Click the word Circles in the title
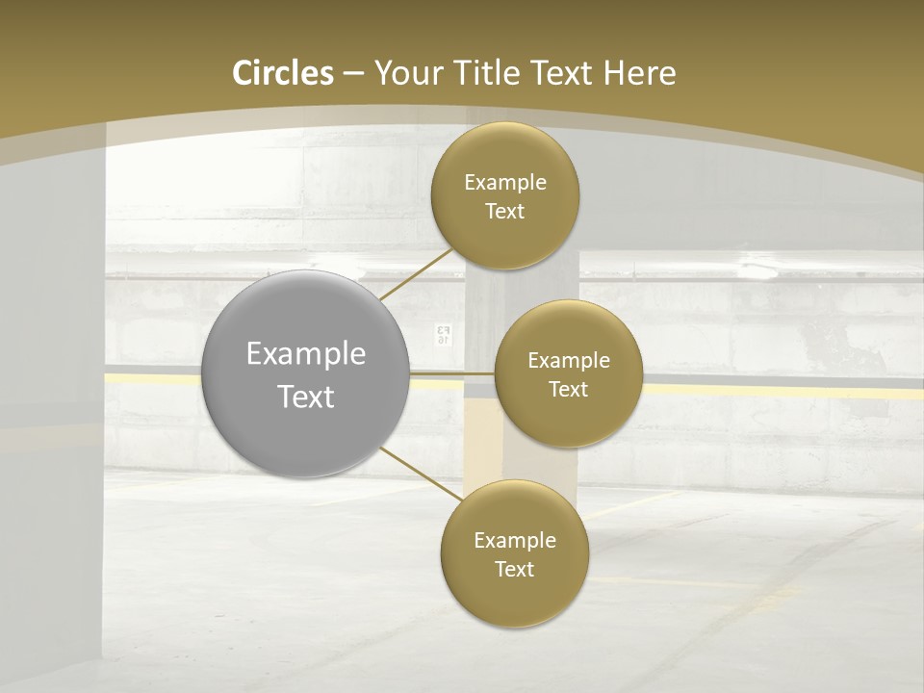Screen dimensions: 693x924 tap(283, 73)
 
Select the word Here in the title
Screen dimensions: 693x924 tap(639, 73)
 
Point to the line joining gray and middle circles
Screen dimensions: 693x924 tap(452, 372)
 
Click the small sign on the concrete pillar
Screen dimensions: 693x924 tap(444, 334)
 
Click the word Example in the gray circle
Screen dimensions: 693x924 tap(306, 354)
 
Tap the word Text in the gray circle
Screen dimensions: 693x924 tap(306, 397)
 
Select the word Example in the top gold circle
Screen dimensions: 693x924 tap(505, 183)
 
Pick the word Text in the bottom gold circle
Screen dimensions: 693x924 tap(514, 569)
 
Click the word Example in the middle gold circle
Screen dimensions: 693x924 tap(568, 361)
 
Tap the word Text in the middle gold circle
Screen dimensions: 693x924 tap(568, 389)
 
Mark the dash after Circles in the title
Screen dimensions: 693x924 tap(353, 74)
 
